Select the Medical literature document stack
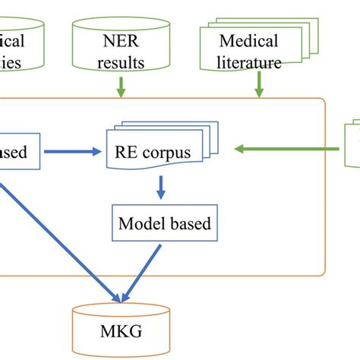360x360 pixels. click(x=250, y=49)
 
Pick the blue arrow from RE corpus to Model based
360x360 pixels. click(x=160, y=185)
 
